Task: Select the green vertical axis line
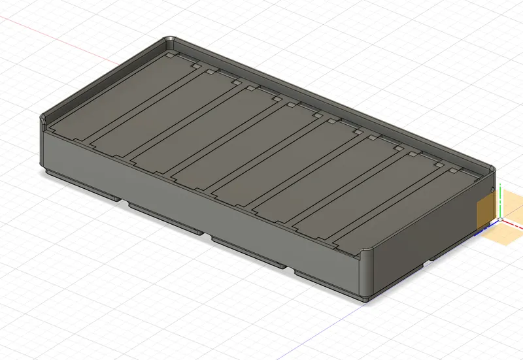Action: pos(499,199)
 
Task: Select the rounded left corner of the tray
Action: pos(42,121)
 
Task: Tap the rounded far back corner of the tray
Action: pos(169,41)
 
